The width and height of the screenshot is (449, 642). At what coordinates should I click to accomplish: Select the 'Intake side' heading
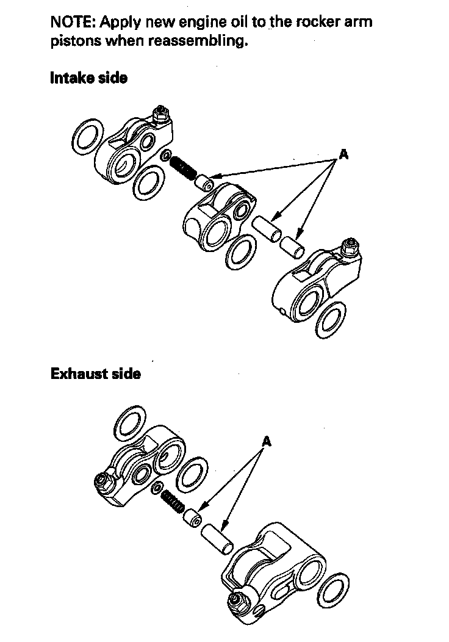pyautogui.click(x=88, y=78)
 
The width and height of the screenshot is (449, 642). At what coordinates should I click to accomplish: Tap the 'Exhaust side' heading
pyautogui.click(x=95, y=373)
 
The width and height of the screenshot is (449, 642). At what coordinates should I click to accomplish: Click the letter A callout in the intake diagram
pyautogui.click(x=343, y=155)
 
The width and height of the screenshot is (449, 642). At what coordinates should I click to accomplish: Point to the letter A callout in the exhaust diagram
pyautogui.click(x=266, y=440)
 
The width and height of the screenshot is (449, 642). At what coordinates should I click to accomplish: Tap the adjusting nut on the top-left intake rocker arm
pyautogui.click(x=162, y=113)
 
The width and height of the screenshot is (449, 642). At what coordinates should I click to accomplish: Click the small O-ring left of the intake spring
pyautogui.click(x=166, y=156)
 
